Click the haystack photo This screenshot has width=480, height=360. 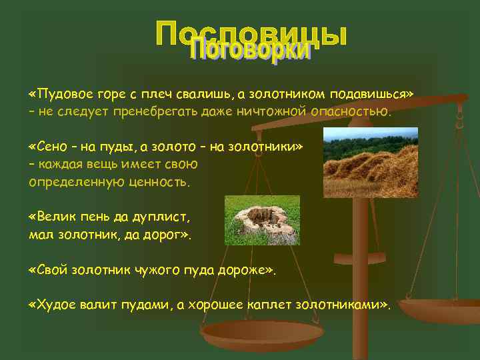point(370,162)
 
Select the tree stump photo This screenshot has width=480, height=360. point(262,220)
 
